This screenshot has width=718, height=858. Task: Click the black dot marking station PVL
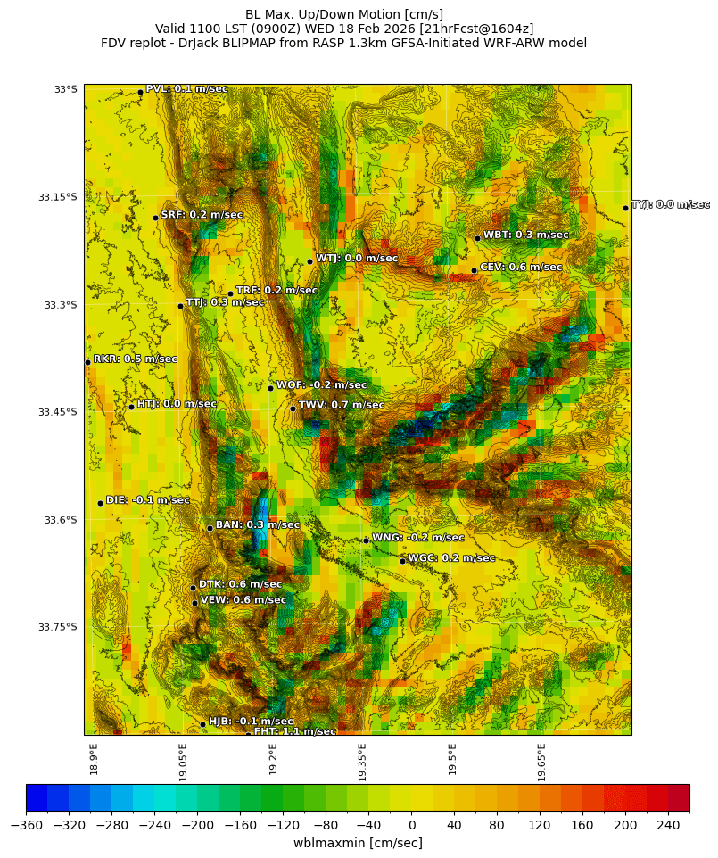(140, 92)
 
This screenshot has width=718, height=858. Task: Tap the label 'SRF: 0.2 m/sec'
(202, 215)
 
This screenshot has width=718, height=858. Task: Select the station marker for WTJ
(309, 261)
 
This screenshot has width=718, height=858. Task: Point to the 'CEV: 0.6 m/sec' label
(521, 267)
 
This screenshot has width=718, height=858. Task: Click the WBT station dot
(477, 238)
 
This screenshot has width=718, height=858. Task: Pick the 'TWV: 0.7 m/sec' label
(342, 405)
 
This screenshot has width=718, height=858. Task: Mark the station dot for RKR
(87, 362)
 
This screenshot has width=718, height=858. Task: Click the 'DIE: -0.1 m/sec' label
(148, 500)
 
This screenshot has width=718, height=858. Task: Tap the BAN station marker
(210, 528)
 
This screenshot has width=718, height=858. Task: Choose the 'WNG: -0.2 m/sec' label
(417, 538)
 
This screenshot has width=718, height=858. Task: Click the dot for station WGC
(402, 561)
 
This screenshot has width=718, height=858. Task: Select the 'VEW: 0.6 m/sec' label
(243, 600)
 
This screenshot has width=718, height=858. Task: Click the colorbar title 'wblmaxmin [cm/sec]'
(358, 843)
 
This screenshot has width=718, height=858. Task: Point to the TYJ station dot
(625, 208)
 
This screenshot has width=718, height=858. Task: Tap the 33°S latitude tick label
(66, 89)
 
